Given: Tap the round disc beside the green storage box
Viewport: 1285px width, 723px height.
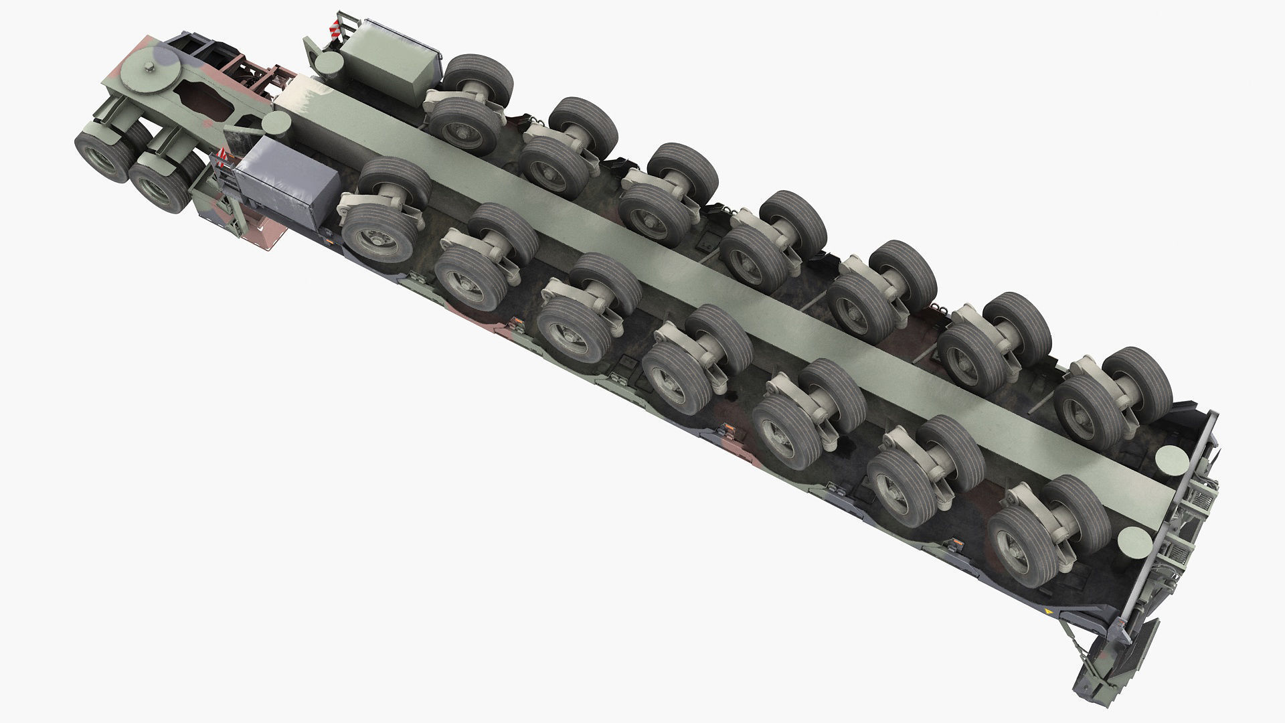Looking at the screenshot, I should pos(327,63).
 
